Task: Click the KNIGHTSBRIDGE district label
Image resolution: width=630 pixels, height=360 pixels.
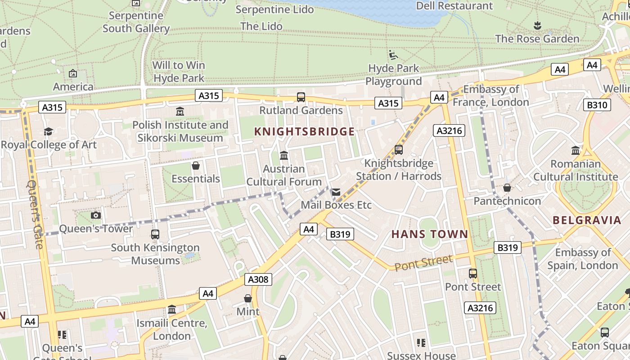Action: (x=304, y=132)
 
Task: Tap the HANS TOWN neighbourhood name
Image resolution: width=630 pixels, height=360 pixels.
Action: (x=429, y=234)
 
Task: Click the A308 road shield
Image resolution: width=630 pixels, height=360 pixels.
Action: (x=258, y=279)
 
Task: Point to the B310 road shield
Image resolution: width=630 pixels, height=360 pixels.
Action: (x=597, y=105)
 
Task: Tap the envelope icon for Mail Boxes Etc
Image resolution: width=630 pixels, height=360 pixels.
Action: (x=336, y=192)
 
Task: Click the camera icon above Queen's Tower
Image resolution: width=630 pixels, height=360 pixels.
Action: (x=96, y=216)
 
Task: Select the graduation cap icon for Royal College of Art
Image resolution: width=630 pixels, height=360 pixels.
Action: (x=48, y=131)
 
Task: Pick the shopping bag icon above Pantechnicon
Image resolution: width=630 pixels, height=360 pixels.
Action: (x=507, y=188)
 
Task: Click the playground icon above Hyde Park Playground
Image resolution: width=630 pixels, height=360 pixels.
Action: (x=393, y=55)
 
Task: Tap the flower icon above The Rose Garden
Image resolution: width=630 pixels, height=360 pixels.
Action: (x=537, y=25)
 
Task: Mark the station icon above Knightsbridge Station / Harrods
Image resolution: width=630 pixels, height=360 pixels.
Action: (x=398, y=150)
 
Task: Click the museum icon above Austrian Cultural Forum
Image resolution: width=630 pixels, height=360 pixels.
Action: (x=284, y=156)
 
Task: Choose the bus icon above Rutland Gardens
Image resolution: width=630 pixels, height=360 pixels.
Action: (x=301, y=97)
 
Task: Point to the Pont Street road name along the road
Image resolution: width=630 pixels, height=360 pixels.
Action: (x=423, y=263)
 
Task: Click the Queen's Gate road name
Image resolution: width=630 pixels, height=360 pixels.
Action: (x=35, y=214)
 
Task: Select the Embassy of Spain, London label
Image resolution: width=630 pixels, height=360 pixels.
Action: (x=582, y=259)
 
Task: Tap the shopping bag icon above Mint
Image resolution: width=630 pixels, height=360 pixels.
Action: (x=247, y=298)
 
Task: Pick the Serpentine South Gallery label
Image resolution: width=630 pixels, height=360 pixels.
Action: (x=136, y=22)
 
